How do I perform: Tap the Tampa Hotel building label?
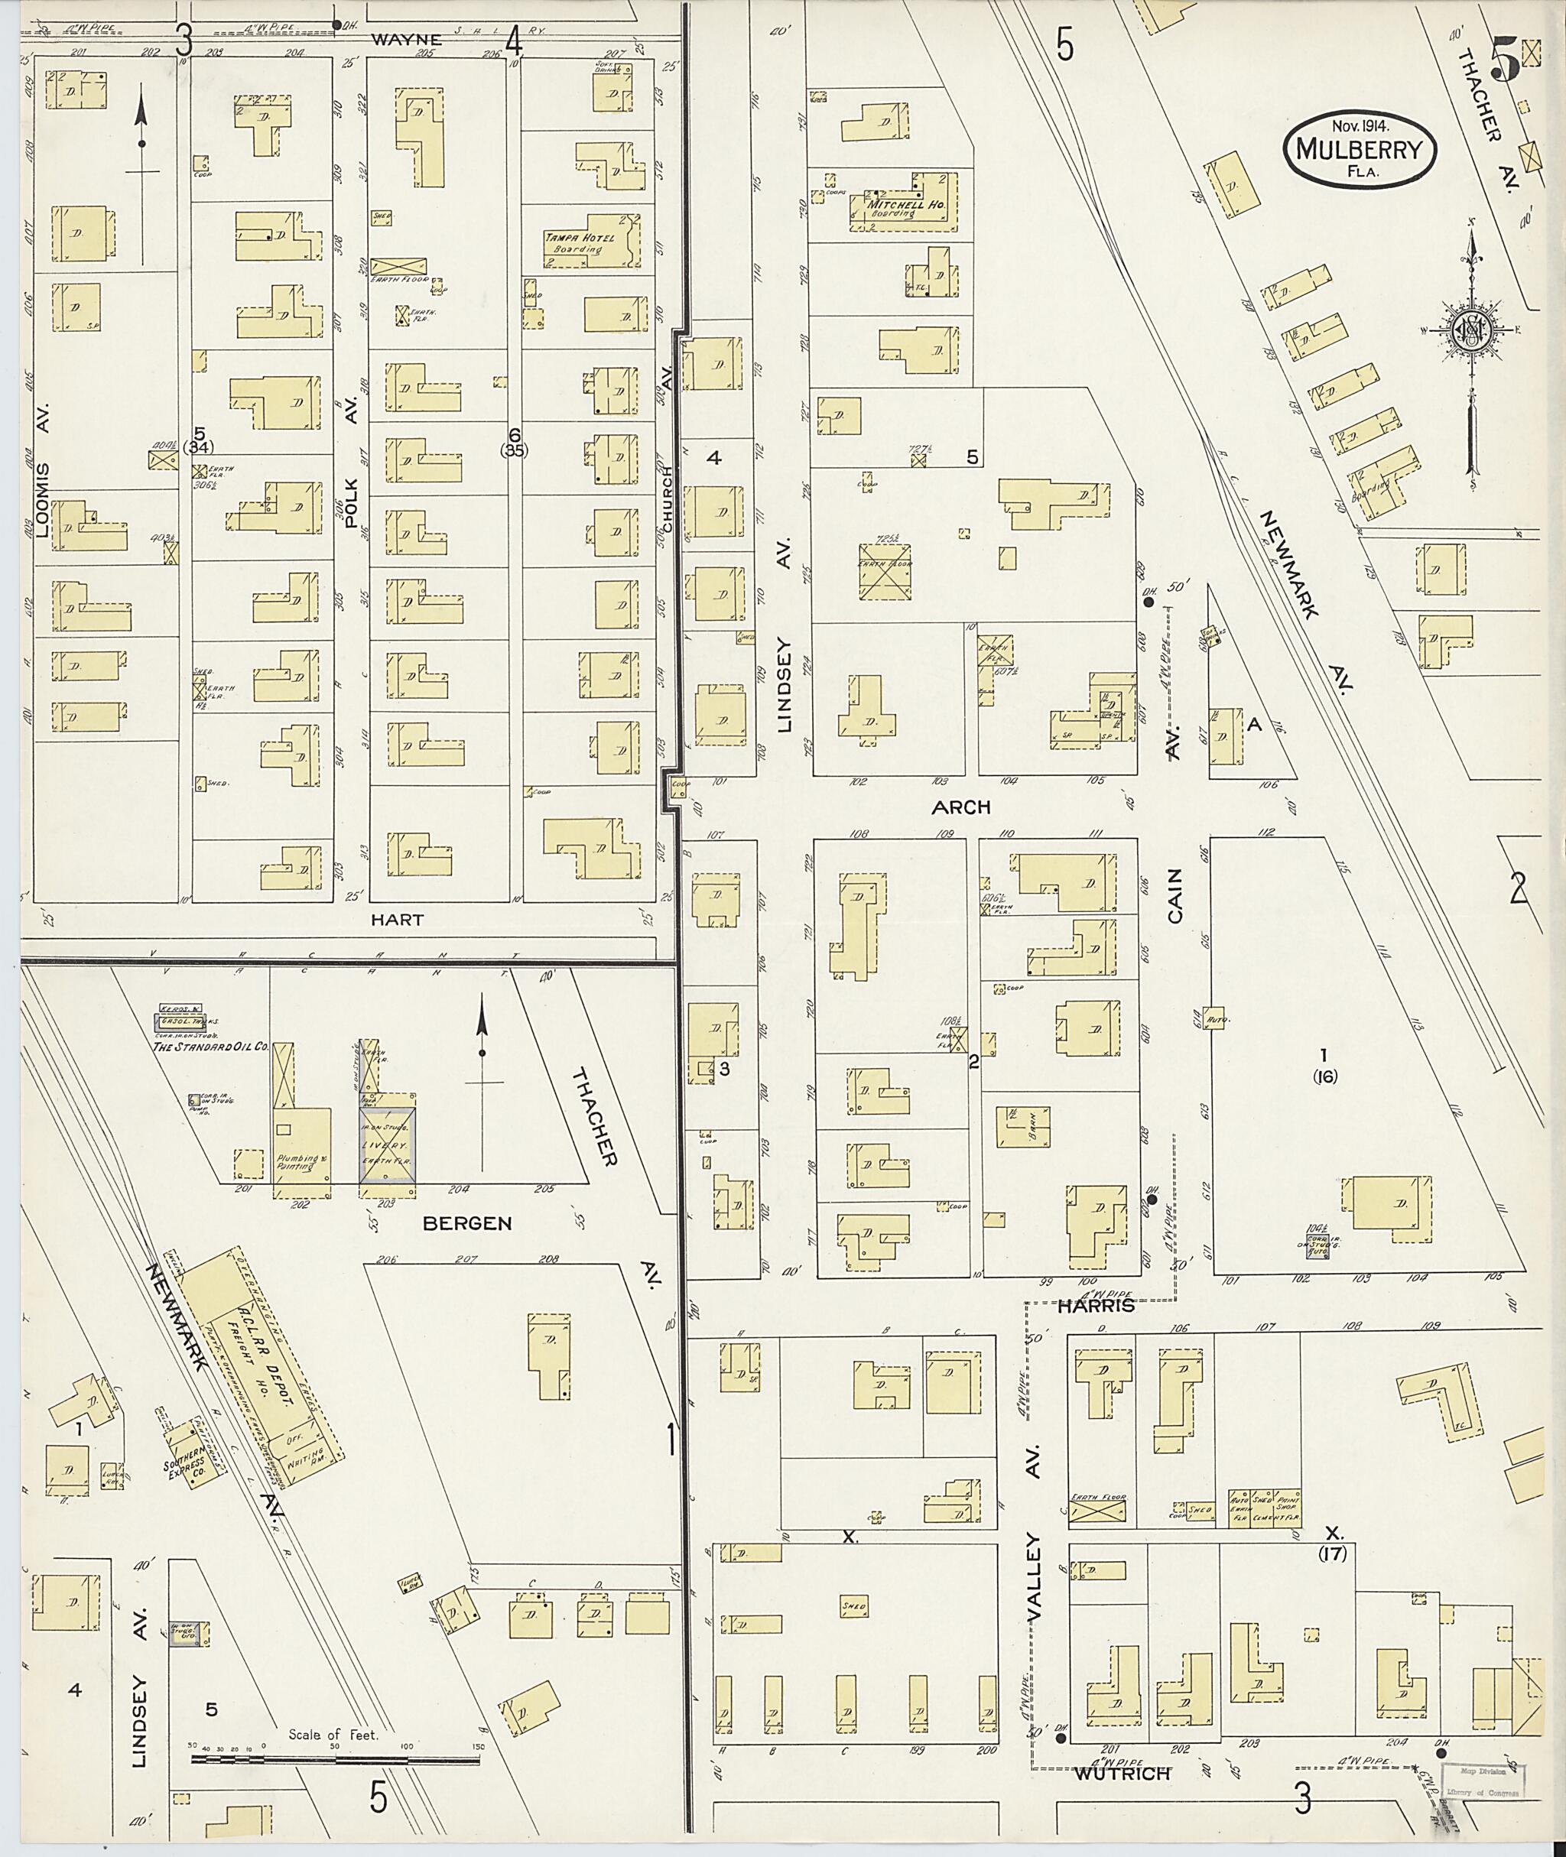click(572, 243)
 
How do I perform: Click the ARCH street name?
click(961, 807)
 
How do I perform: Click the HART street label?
click(398, 920)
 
